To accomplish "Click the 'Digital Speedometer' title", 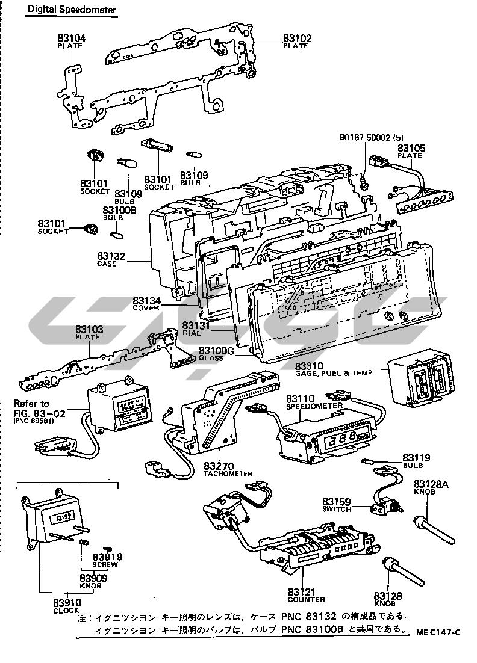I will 71,10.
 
